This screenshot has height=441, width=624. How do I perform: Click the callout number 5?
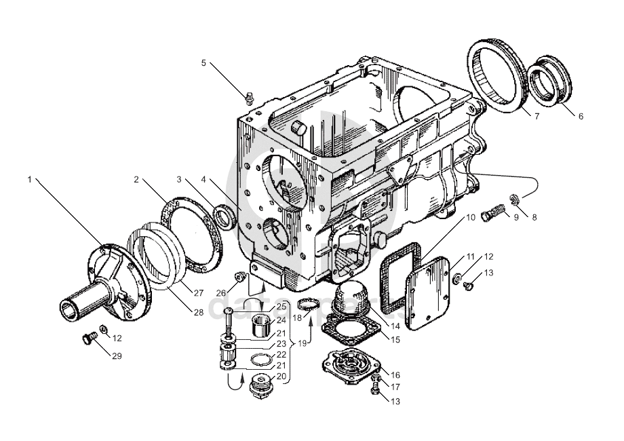click(203, 63)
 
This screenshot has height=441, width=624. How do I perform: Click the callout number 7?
click(536, 116)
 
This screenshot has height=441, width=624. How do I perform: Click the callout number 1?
click(30, 180)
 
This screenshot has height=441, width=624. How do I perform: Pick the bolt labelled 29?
click(86, 339)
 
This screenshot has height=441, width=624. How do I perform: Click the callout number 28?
click(199, 312)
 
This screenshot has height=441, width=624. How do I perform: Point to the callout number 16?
click(395, 375)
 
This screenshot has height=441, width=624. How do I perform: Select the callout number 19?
click(303, 344)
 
